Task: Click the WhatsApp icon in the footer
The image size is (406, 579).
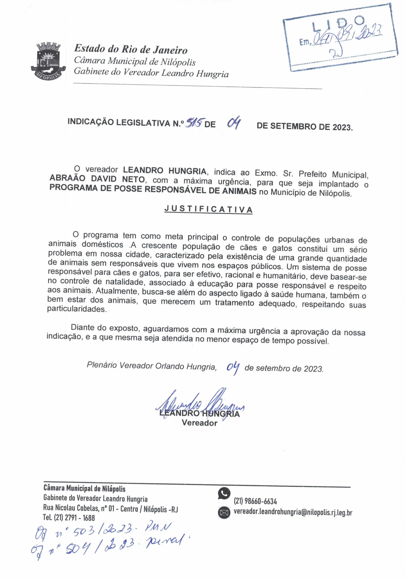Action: click(224, 494)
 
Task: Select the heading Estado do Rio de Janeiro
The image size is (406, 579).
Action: click(131, 49)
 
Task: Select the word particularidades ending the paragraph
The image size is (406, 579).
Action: click(76, 309)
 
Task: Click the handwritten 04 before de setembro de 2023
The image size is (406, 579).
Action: click(233, 368)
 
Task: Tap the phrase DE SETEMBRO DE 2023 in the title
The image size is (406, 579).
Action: click(305, 127)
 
